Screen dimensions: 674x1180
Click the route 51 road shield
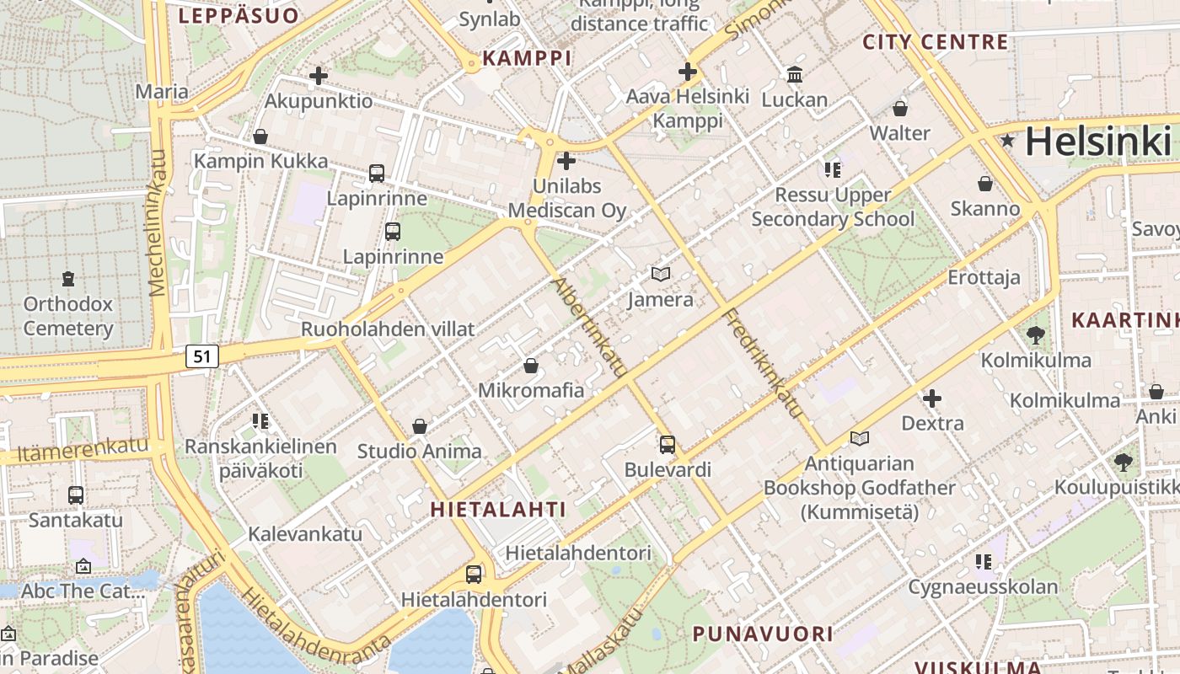[x=202, y=356]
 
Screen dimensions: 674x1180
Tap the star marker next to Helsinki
[x=1007, y=141]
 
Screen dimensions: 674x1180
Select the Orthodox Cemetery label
[x=67, y=316]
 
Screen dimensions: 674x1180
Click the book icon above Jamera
[x=661, y=274]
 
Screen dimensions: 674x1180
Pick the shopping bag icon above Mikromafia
[x=531, y=366]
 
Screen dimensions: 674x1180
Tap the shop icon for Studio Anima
[x=419, y=426]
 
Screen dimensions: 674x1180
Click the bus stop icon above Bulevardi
[x=668, y=444]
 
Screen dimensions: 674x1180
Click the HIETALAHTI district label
[x=498, y=509]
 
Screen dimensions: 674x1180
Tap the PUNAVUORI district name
[x=763, y=634]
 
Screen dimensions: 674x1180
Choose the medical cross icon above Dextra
[x=932, y=398]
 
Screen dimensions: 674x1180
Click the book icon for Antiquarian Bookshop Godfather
[x=859, y=438]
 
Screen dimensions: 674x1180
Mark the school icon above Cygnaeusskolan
[x=983, y=561]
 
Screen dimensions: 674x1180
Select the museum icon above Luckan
[x=794, y=75]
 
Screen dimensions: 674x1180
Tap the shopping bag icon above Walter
[x=900, y=109]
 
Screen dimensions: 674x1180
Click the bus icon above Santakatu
[x=76, y=495]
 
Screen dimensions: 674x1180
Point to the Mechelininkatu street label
[x=158, y=223]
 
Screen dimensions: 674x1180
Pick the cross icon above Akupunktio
[x=318, y=76]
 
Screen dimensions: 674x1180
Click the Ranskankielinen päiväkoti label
[x=260, y=458]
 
